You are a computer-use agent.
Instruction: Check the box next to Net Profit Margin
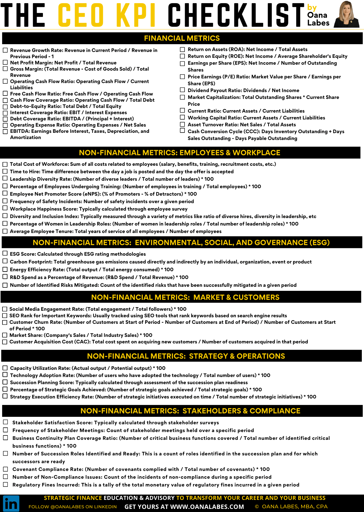click(5, 63)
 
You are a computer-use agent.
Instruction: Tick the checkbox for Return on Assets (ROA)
click(182, 49)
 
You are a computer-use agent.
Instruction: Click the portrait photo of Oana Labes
click(347, 14)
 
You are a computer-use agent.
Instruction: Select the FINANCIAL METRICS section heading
click(182, 38)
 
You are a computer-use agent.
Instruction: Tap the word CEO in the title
click(81, 15)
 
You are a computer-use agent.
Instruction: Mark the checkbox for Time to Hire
click(5, 171)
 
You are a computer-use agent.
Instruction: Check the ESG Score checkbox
click(5, 254)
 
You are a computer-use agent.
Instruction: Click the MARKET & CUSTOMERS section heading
click(185, 297)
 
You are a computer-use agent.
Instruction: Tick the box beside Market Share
click(5, 335)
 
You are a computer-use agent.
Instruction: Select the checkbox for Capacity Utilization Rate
click(5, 368)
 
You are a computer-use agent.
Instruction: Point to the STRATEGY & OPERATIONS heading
click(186, 356)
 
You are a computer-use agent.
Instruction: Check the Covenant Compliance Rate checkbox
click(6, 469)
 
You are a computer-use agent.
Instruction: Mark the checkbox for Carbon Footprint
click(5, 261)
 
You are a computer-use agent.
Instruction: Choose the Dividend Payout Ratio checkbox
click(182, 90)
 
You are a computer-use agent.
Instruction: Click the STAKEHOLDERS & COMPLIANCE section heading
click(190, 411)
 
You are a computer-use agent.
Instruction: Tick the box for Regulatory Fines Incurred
click(6, 484)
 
